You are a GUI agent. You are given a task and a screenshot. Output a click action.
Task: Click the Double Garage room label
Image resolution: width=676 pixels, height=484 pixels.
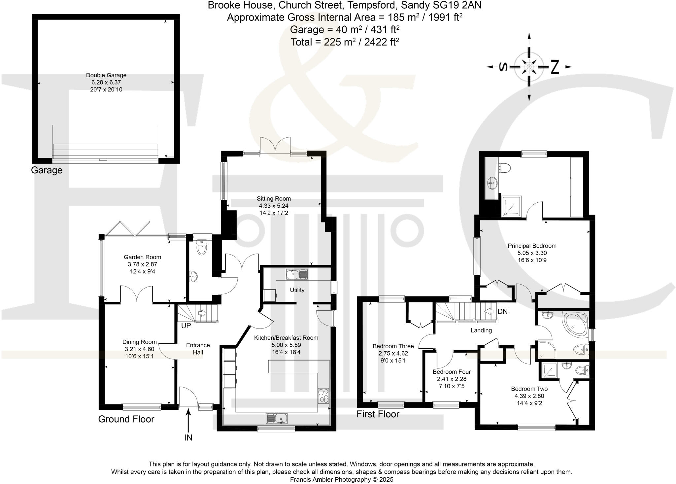(106, 75)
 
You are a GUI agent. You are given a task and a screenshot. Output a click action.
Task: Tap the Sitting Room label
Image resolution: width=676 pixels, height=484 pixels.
(274, 199)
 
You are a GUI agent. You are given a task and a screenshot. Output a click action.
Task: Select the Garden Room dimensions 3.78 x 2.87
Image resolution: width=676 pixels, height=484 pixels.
(142, 264)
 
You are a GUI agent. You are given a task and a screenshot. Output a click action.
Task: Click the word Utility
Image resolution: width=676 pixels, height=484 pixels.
(297, 290)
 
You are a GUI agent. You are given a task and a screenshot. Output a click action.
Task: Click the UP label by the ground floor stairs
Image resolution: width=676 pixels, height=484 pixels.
(186, 326)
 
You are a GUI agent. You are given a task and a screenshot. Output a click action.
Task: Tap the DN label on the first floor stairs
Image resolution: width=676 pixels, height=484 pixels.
(502, 311)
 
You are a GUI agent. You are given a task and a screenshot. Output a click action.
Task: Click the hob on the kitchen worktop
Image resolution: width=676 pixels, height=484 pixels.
(323, 396)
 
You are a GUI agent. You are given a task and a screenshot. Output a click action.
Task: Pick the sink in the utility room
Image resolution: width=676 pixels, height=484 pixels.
(296, 274)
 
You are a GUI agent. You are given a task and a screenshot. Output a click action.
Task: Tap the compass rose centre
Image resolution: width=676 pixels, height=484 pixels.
(529, 67)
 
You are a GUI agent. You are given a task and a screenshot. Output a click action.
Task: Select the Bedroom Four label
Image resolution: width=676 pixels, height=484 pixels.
(452, 372)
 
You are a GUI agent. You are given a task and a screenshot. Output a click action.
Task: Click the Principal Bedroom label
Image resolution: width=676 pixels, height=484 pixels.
(532, 246)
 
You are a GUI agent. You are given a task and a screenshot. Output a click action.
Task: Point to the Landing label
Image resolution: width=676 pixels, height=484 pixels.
(481, 330)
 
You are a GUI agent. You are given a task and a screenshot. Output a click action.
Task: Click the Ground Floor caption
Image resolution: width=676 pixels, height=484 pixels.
(126, 419)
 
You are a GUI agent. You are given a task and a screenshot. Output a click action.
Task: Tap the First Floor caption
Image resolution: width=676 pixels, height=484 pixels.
(378, 414)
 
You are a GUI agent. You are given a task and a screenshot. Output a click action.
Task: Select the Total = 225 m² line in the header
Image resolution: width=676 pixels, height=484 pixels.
(345, 42)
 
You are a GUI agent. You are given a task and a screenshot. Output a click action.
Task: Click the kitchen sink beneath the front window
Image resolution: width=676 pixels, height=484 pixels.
(277, 418)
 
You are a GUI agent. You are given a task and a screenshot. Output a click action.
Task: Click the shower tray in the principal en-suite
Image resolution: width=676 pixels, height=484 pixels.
(511, 207)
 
